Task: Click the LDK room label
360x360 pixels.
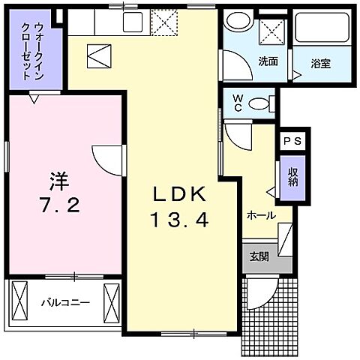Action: (179, 193)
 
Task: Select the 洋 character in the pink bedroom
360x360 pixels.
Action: (58, 180)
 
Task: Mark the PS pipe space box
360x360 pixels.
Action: (292, 141)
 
